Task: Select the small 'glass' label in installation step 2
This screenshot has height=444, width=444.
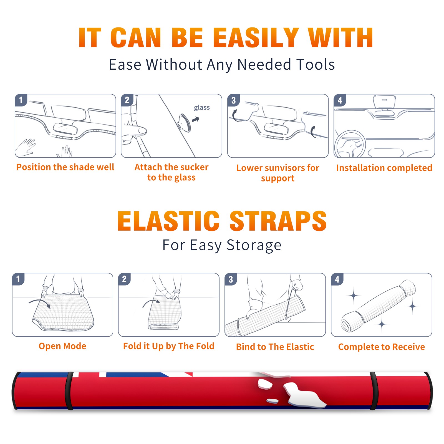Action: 202,107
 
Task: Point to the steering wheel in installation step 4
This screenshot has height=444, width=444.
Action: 350,144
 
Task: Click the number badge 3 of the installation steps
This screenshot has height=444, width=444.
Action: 233,100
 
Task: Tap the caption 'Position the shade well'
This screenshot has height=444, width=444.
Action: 65,167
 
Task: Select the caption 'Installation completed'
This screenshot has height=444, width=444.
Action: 384,168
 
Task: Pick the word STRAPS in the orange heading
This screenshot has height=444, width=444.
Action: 278,221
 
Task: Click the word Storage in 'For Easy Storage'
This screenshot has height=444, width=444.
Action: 254,245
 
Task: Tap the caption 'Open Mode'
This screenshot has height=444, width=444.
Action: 62,346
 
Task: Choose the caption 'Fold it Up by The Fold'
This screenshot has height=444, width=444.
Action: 169,346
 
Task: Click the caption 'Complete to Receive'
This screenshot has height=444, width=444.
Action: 382,347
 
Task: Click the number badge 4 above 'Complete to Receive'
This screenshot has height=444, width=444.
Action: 337,279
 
